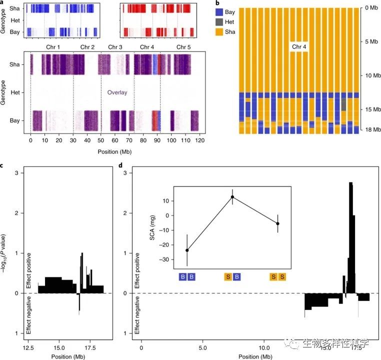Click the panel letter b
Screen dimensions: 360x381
click(x=216, y=3)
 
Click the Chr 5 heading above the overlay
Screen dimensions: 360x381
click(x=183, y=47)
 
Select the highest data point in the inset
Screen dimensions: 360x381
click(x=232, y=197)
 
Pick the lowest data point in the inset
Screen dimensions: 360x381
click(x=187, y=250)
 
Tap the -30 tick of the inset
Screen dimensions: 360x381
click(x=165, y=259)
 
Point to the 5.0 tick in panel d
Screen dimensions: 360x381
click(x=202, y=346)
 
